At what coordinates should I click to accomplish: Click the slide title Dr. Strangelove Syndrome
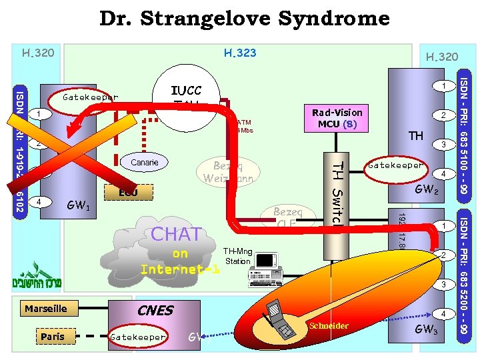244,19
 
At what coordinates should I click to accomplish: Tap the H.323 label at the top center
240,53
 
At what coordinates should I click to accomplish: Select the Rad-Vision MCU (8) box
337,119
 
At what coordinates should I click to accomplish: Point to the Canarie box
145,163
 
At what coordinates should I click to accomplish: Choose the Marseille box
46,309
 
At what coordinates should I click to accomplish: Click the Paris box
53,337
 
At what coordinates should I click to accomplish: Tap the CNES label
155,310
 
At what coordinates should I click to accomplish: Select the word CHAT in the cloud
176,235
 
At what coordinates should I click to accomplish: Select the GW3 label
426,329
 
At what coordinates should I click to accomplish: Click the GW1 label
79,206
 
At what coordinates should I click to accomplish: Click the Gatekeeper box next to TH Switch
395,165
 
